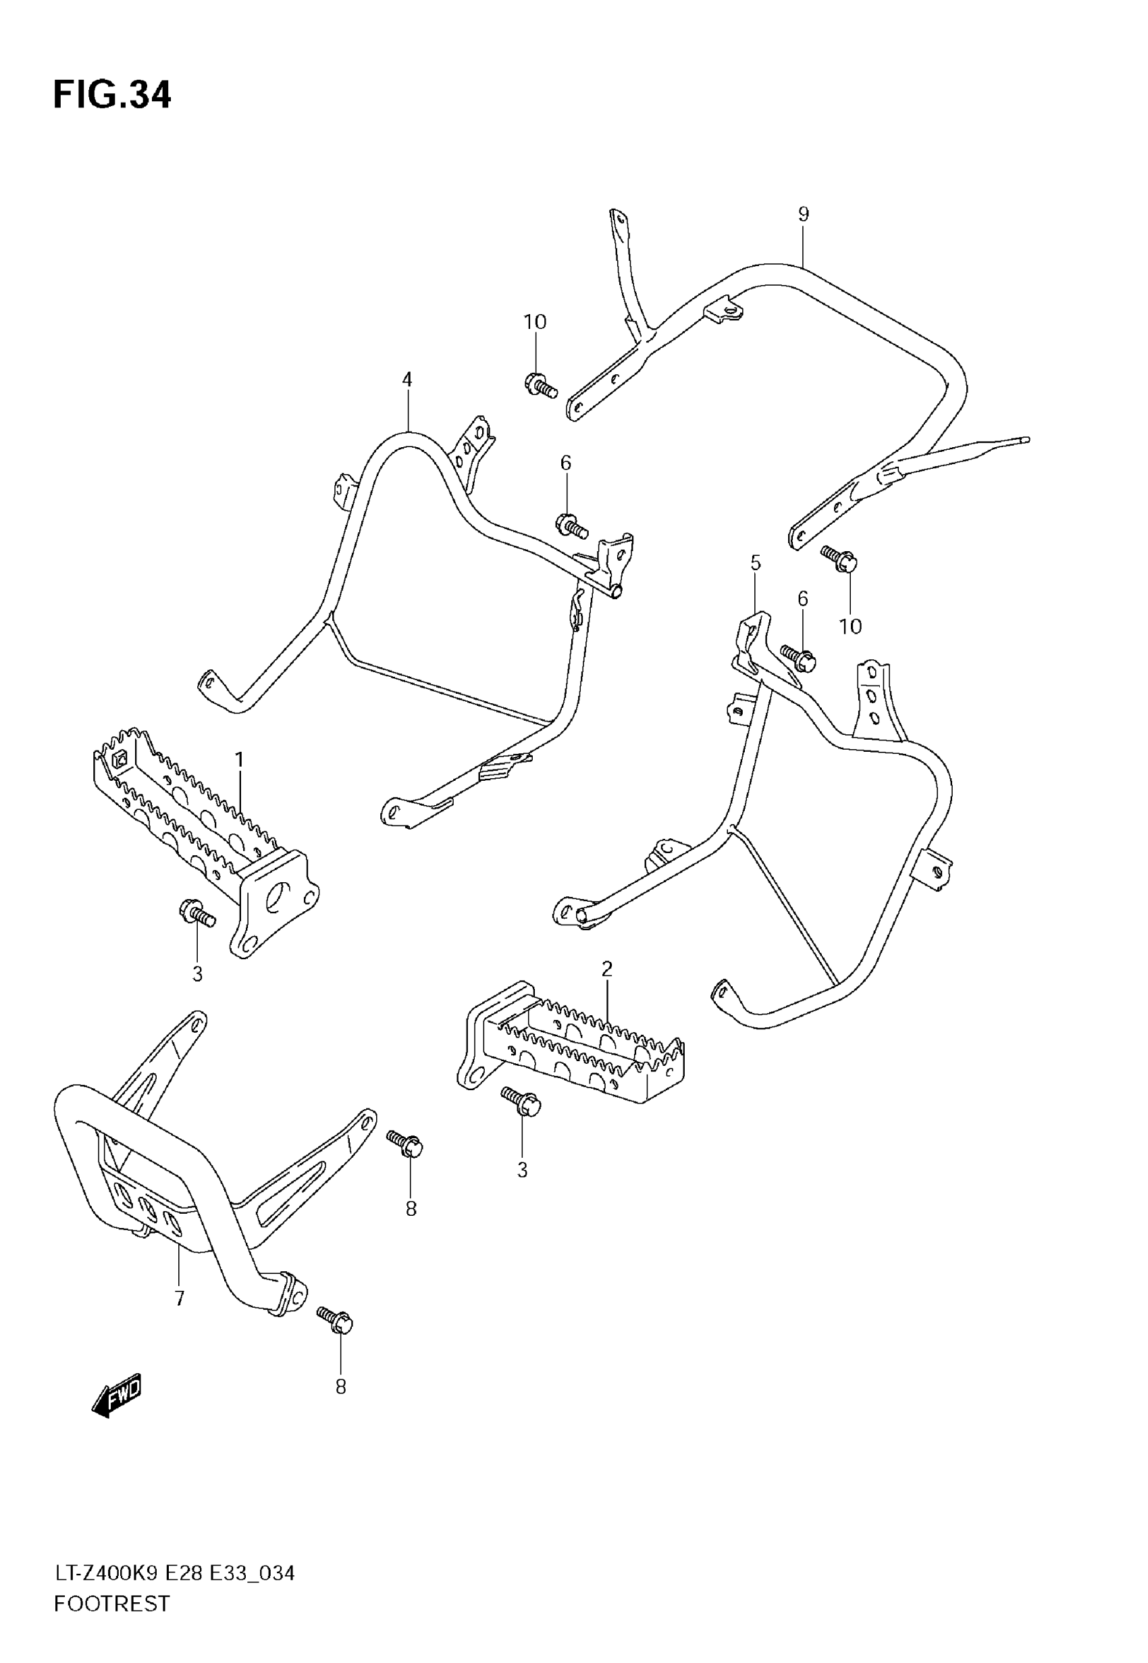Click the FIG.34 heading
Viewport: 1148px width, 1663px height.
(112, 95)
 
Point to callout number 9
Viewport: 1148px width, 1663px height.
(804, 213)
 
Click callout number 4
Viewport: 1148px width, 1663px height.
(407, 379)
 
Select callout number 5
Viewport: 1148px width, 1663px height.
(755, 563)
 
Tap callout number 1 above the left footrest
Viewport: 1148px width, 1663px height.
(240, 760)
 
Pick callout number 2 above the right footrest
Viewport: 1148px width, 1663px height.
(606, 969)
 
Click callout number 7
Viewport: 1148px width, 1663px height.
(180, 1298)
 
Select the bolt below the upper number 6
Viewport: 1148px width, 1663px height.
(572, 526)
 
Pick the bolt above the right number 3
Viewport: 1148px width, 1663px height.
(522, 1102)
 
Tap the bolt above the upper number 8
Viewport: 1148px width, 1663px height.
(405, 1143)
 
